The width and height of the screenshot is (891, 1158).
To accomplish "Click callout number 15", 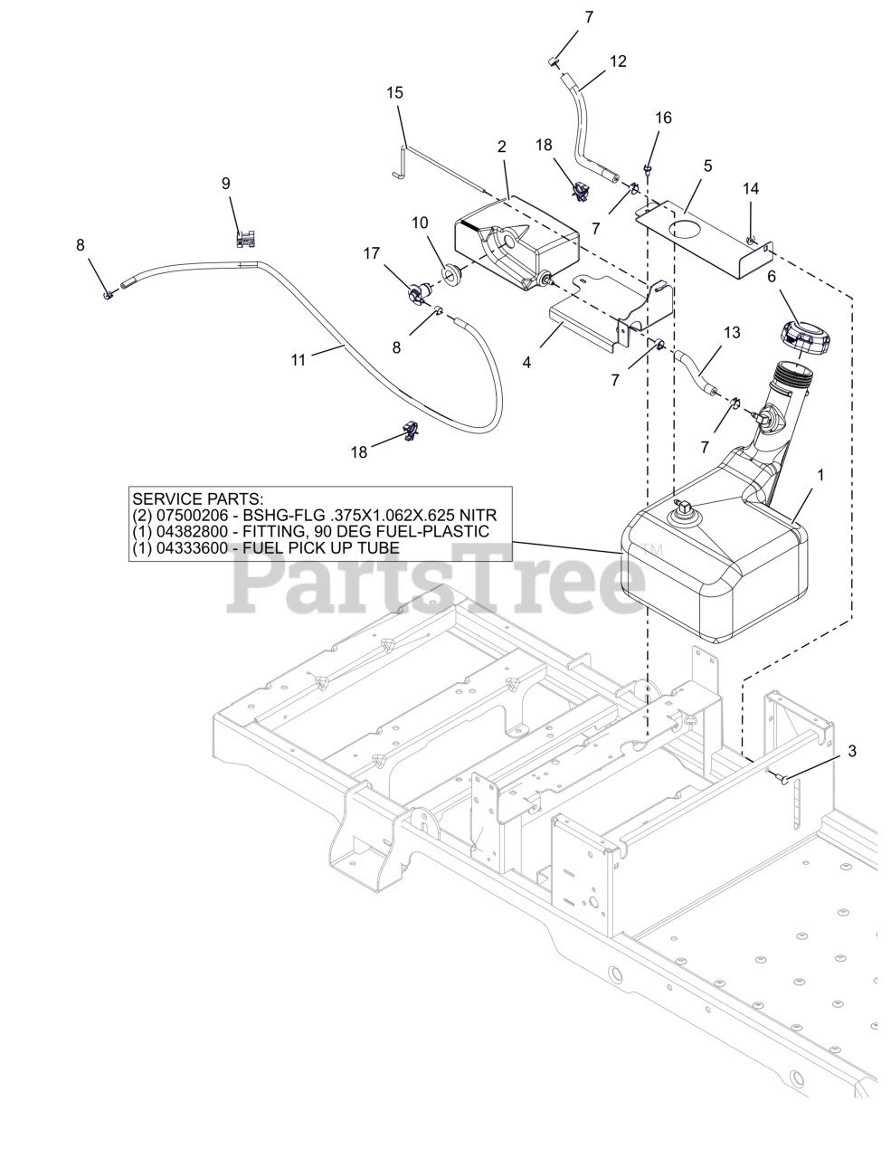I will [395, 92].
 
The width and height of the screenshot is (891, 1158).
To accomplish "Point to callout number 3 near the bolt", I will [851, 750].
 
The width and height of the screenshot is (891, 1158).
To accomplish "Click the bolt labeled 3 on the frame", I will [781, 775].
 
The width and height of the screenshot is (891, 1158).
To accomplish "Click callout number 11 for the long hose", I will [299, 359].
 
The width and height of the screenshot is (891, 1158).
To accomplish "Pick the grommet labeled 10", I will [450, 272].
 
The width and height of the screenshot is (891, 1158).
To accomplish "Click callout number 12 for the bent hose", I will [618, 61].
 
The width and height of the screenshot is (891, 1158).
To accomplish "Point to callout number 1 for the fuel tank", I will [820, 473].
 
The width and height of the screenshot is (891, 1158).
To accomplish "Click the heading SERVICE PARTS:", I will [198, 498].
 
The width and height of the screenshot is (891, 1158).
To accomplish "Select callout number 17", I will [372, 254].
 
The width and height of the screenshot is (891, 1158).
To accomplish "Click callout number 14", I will [751, 188].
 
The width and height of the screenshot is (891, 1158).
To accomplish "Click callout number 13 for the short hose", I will [732, 332].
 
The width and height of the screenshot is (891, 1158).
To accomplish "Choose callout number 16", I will [663, 118].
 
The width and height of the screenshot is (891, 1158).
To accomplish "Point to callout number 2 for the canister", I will [501, 146].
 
